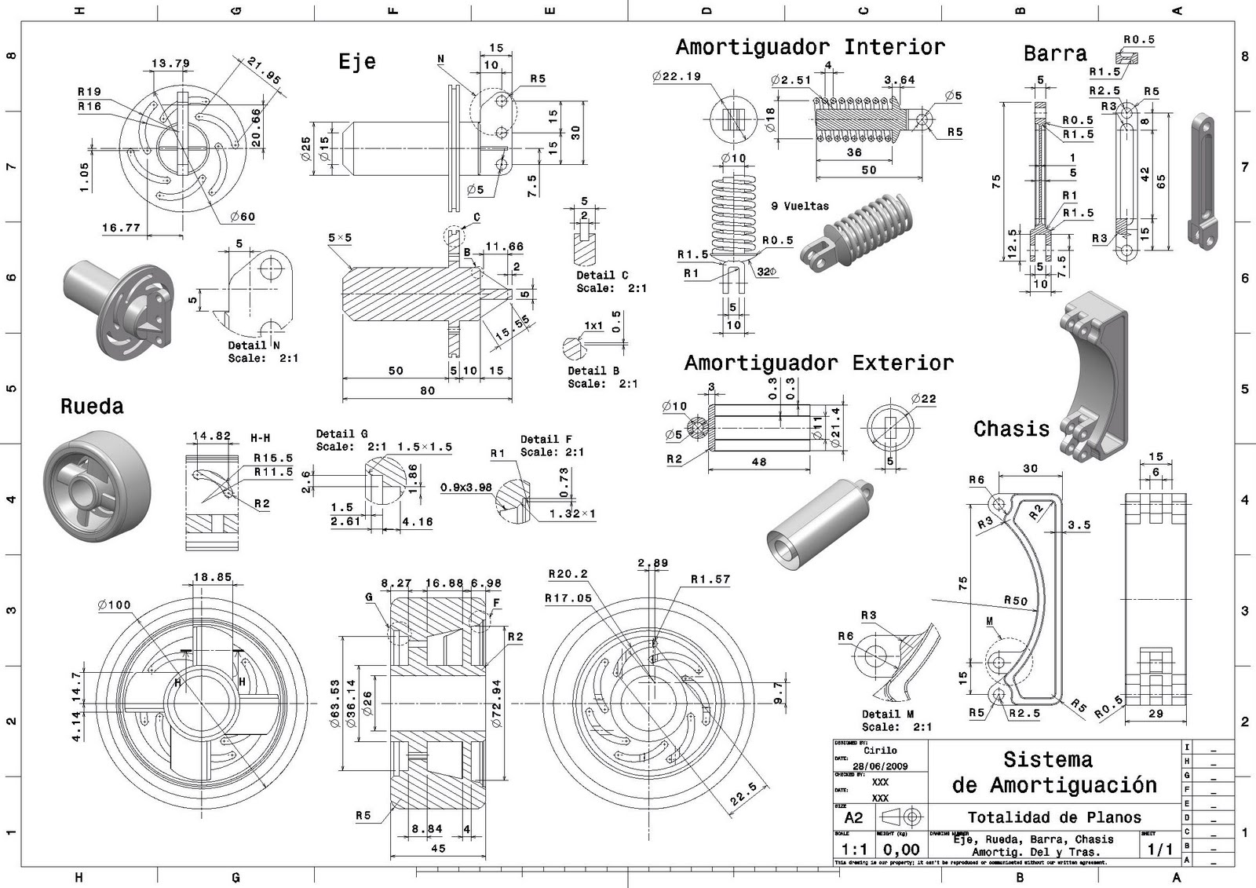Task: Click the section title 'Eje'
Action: click(357, 61)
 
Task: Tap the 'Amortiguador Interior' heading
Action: click(810, 47)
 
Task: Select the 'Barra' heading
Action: click(1055, 53)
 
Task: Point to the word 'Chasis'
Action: click(1011, 429)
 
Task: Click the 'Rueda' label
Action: click(92, 406)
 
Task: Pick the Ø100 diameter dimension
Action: click(115, 605)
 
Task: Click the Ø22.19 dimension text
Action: click(676, 76)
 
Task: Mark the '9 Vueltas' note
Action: click(800, 206)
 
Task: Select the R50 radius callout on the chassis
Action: click(1015, 601)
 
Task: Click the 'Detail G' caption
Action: click(341, 433)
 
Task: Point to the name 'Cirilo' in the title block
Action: click(880, 751)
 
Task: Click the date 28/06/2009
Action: click(880, 766)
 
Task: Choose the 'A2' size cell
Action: click(853, 817)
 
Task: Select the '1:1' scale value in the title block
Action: click(854, 850)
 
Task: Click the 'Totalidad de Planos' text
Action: click(1054, 817)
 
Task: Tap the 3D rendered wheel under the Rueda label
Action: click(97, 488)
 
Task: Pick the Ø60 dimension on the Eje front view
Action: click(243, 217)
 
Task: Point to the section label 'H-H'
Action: click(261, 437)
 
